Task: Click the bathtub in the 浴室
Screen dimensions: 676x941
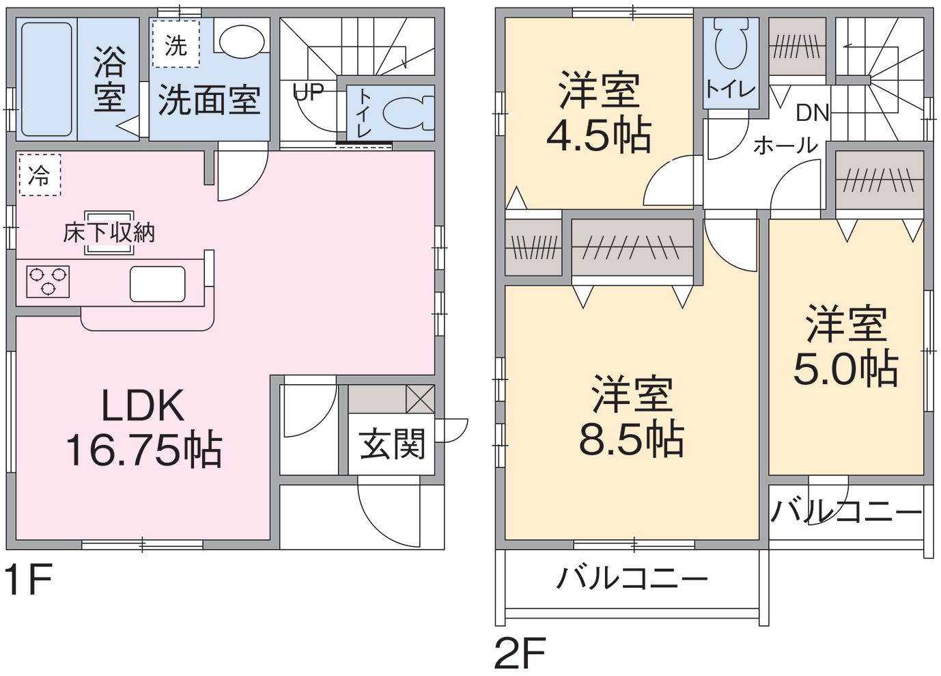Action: [x=46, y=79]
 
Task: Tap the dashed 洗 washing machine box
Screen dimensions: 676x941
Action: [x=176, y=44]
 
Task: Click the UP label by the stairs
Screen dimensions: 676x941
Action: [x=308, y=92]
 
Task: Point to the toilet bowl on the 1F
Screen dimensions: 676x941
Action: [x=408, y=113]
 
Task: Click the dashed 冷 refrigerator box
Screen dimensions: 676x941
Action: [x=40, y=175]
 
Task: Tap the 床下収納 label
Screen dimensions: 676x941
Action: [x=109, y=232]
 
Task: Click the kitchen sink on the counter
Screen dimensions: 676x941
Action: [x=158, y=284]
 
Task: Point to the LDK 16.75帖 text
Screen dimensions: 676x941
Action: [x=143, y=428]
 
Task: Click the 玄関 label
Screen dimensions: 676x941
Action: [x=393, y=444]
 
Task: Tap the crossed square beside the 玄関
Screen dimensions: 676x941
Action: [x=420, y=399]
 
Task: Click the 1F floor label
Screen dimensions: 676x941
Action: [x=28, y=580]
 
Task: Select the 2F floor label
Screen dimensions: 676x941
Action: [x=520, y=653]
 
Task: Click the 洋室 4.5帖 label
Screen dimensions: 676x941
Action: [x=600, y=112]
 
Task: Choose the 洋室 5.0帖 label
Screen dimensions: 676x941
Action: [x=846, y=346]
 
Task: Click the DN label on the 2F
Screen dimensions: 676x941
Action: [x=813, y=113]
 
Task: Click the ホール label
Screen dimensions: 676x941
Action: [x=785, y=146]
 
